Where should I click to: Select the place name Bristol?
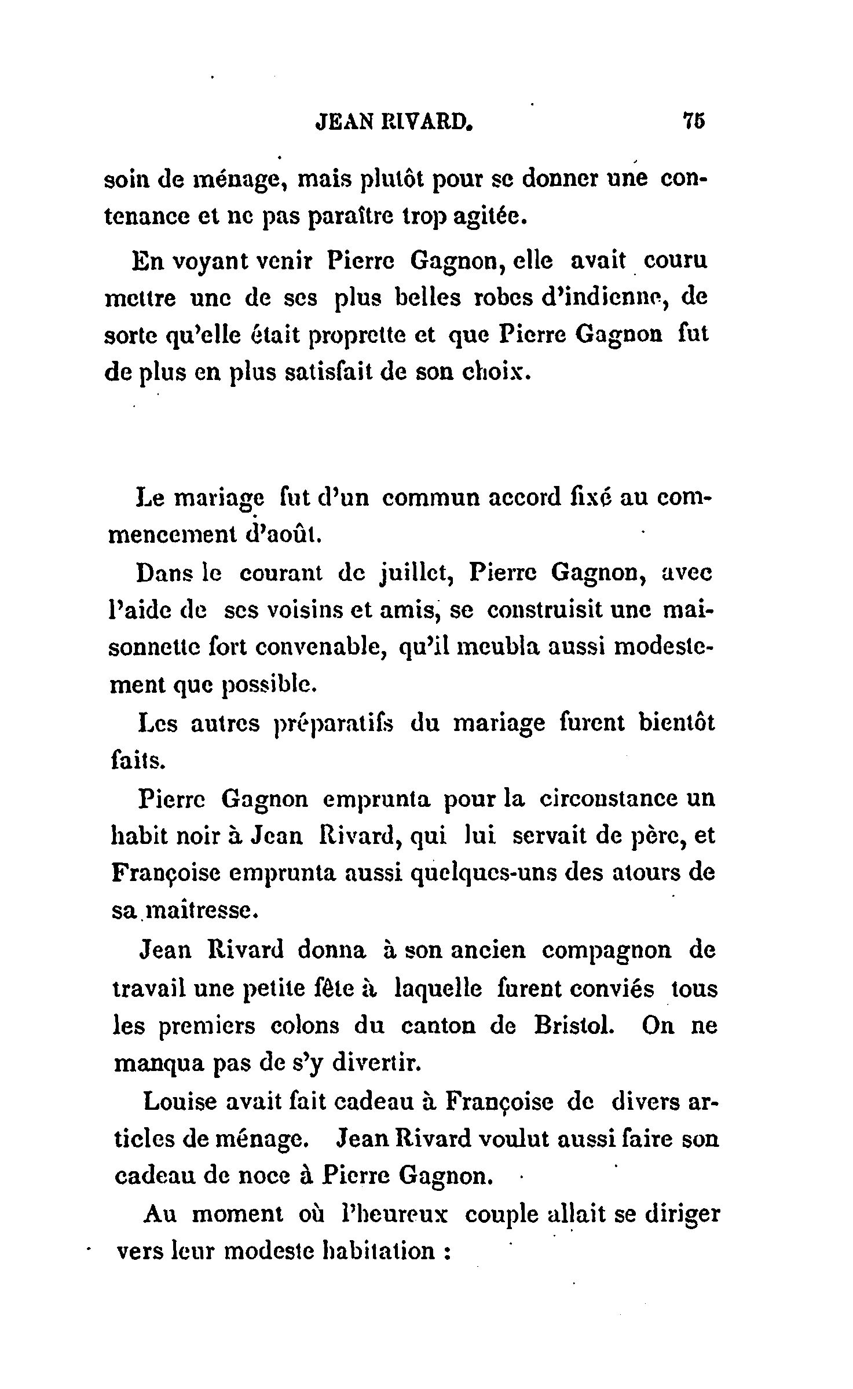pos(570,1026)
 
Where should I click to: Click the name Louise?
pos(179,1102)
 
